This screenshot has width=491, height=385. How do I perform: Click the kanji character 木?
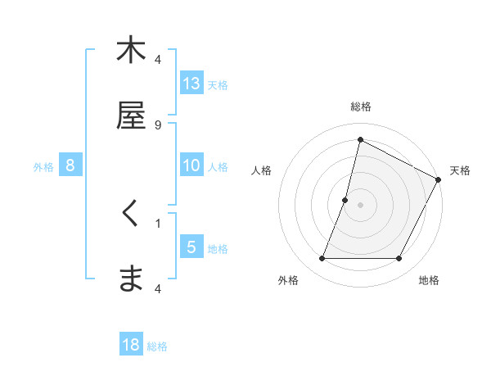pos(131,50)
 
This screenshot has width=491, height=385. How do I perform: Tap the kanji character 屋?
pos(131,115)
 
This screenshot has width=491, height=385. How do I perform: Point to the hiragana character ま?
pos(131,279)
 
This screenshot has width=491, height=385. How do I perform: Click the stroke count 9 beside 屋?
pos(158,125)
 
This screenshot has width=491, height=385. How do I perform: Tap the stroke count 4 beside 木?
pos(158,60)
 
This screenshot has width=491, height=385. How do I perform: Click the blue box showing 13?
pos(191,83)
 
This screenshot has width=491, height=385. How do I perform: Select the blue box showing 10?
pos(191,165)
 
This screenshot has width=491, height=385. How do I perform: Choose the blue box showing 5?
pos(191,247)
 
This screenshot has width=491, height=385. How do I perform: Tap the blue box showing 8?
pos(70,165)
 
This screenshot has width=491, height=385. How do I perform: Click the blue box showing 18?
pos(131,345)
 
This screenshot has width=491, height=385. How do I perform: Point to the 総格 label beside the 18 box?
pos(157,346)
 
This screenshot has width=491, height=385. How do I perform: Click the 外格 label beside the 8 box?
pos(43,167)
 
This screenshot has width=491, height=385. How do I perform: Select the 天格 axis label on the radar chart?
pos(460,170)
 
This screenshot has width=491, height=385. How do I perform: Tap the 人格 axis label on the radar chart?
pos(262,170)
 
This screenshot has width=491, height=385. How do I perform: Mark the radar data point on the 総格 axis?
pos(360,139)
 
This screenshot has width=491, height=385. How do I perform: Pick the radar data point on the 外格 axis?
pos(322,259)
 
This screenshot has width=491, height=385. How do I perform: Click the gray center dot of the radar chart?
pos(360,205)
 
